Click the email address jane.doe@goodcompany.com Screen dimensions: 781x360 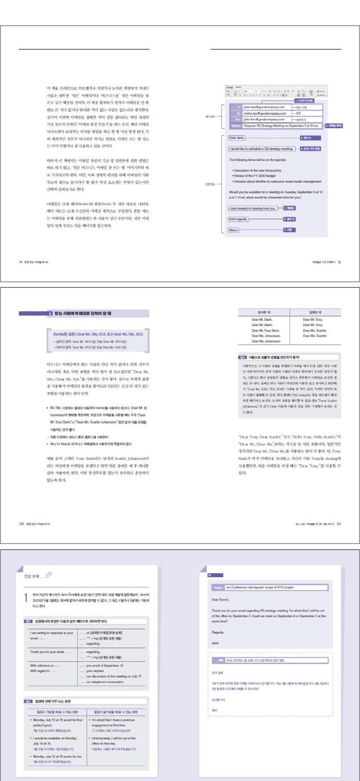click(x=264, y=107)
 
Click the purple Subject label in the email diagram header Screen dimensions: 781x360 click(x=236, y=125)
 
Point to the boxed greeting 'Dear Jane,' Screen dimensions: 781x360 click(x=237, y=138)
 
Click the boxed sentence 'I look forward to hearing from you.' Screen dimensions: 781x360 click(x=253, y=208)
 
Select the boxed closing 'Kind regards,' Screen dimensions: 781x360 click(x=239, y=219)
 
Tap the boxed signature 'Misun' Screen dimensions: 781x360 click(x=234, y=229)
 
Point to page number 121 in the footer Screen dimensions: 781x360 click(x=339, y=524)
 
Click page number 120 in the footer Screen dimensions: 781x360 click(x=21, y=524)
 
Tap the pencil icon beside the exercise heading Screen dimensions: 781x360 click(x=48, y=575)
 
